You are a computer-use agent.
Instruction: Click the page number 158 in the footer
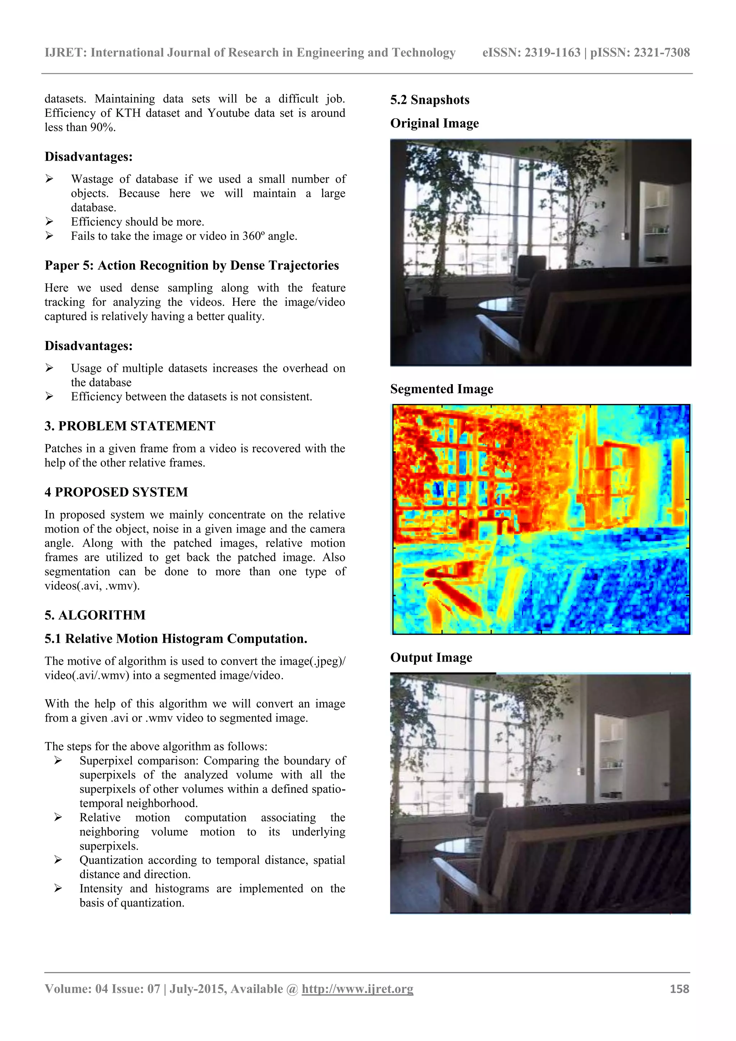point(679,989)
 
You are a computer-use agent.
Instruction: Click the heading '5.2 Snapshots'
point(429,100)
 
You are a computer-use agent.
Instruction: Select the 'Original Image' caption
point(434,123)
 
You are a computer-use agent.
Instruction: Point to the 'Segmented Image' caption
point(441,389)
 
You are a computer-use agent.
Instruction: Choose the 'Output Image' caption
point(431,658)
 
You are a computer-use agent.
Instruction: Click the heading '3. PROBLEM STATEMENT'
point(130,426)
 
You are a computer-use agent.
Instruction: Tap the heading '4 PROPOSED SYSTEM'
point(116,492)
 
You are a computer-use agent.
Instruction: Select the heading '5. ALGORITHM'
point(95,615)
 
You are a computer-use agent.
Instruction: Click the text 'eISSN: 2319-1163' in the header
point(531,52)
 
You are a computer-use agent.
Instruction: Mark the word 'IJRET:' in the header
point(66,52)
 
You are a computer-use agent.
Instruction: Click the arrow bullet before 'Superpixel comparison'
point(58,760)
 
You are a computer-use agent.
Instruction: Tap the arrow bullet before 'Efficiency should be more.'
point(50,222)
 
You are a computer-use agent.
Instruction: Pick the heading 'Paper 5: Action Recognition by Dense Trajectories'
point(192,266)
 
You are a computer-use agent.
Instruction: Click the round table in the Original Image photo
point(499,304)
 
